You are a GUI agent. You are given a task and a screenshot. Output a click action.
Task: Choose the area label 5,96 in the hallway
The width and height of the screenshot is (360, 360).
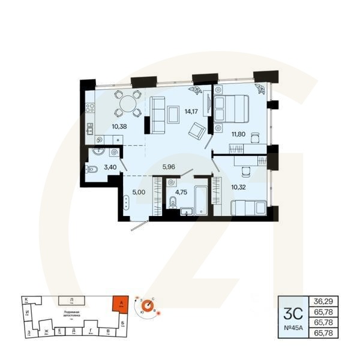click(170, 167)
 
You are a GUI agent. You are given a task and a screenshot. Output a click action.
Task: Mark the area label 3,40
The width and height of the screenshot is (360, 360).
click(110, 167)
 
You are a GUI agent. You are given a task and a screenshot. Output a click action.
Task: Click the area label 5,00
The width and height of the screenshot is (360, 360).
click(139, 193)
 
